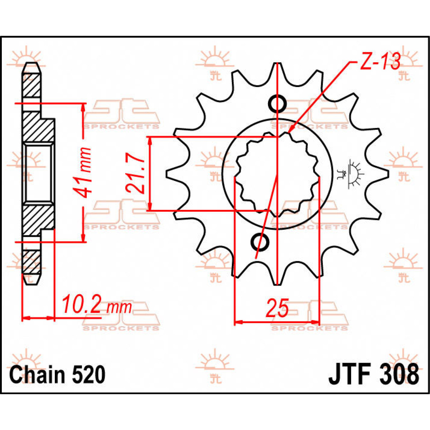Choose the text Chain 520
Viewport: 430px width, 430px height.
pyautogui.click(x=57, y=375)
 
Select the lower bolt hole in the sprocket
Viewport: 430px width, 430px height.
pyautogui.click(x=261, y=243)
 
